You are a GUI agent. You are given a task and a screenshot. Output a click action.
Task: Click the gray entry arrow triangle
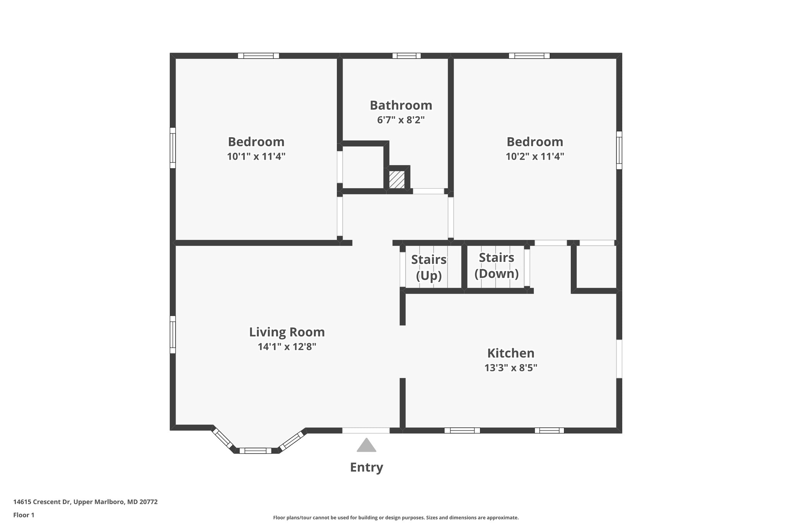[366, 446]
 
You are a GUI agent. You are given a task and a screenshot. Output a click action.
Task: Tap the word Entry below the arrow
[366, 467]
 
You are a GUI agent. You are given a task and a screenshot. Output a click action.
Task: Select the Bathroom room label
[401, 105]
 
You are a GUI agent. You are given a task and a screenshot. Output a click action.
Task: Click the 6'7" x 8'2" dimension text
[401, 120]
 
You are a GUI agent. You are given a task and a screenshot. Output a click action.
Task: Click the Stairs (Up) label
[428, 267]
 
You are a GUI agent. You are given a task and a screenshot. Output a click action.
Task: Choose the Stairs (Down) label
[497, 265]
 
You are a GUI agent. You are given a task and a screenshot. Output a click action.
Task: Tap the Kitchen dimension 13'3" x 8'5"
[510, 368]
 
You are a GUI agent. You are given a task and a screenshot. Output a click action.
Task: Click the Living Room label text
[287, 332]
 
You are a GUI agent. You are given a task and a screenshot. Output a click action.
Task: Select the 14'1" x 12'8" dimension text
[287, 347]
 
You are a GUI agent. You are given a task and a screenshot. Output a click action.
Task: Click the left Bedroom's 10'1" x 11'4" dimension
[256, 157]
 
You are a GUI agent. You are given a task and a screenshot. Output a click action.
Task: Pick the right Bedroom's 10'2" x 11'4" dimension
[535, 157]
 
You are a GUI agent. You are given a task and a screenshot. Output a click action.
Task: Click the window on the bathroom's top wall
[406, 56]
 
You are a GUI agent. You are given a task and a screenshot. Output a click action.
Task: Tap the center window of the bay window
[255, 451]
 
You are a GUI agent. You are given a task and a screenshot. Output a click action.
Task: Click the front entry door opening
[366, 431]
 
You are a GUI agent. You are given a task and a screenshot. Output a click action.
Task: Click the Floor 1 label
[24, 515]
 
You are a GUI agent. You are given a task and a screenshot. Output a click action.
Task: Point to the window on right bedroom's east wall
[619, 150]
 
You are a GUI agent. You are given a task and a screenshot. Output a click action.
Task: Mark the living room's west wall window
[173, 335]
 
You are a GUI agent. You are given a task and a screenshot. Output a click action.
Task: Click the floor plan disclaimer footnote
[396, 518]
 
